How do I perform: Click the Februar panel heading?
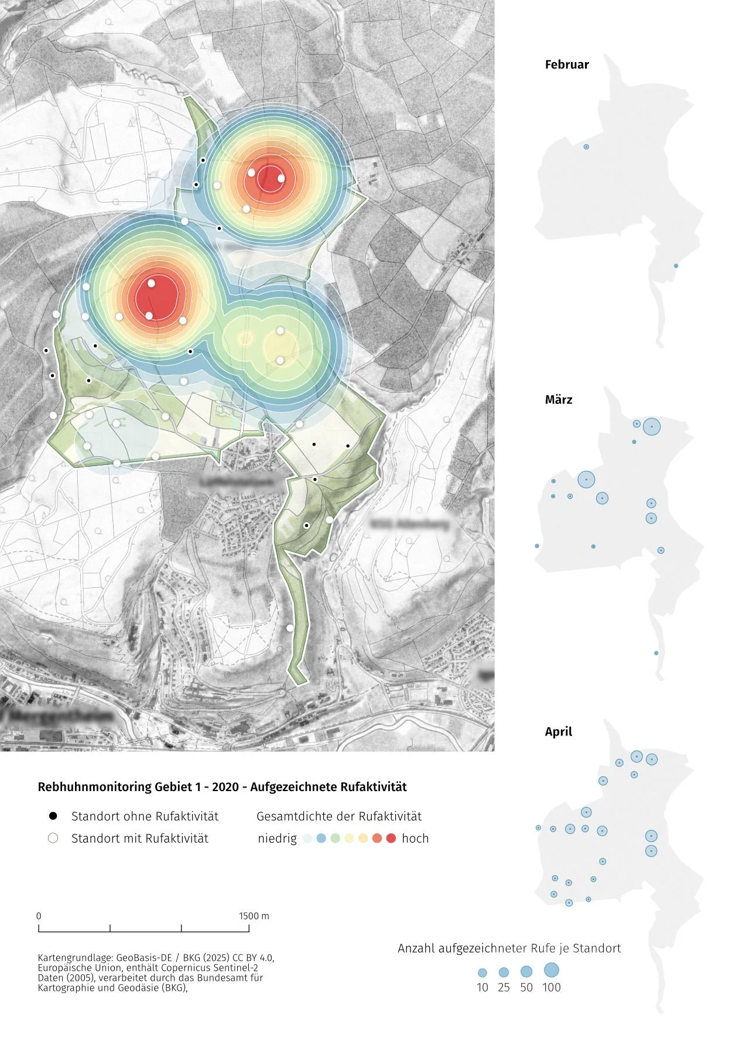tap(566, 65)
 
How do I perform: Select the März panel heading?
tap(558, 400)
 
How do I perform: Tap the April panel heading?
tap(558, 732)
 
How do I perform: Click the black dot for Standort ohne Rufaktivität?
tap(53, 816)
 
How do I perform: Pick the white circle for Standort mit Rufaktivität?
tap(53, 838)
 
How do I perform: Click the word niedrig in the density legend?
tap(277, 839)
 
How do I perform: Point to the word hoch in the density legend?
tap(415, 839)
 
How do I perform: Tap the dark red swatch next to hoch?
tap(391, 839)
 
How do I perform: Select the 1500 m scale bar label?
tap(254, 916)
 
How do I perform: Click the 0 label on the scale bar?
tap(39, 916)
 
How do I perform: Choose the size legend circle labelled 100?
tap(551, 970)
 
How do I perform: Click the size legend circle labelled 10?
tap(482, 973)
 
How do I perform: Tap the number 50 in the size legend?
tap(526, 987)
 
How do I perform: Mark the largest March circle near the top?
tap(652, 427)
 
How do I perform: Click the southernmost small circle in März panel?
tap(656, 653)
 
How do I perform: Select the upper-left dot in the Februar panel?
tap(586, 147)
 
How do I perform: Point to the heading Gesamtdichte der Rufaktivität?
tap(339, 816)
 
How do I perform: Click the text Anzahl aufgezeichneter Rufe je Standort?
tap(509, 948)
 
